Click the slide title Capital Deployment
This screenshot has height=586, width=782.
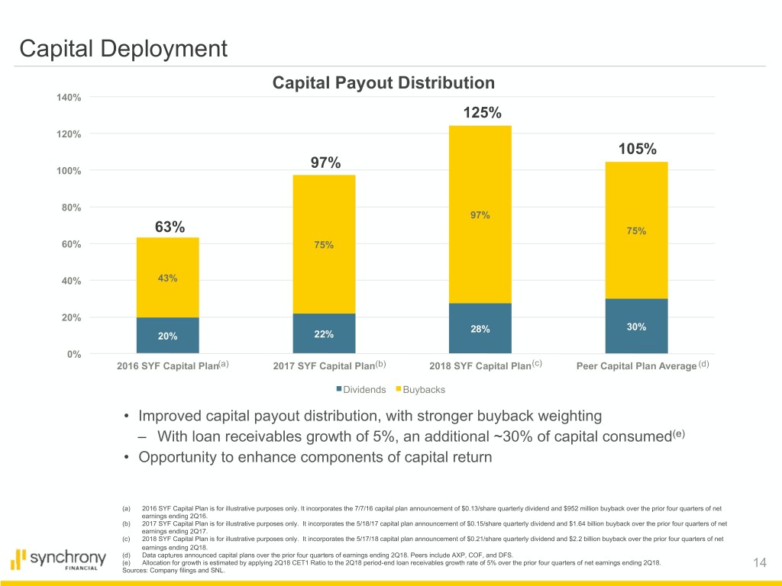[x=123, y=50]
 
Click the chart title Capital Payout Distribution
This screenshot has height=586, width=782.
[x=383, y=82]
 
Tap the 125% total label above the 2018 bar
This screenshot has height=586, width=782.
[x=482, y=113]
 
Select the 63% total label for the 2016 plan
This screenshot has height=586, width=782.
[x=170, y=227]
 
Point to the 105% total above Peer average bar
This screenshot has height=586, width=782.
[x=637, y=150]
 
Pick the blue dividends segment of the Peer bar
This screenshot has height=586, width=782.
[x=636, y=326]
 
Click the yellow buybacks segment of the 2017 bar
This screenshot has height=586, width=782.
[x=323, y=244]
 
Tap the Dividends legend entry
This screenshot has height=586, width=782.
[x=360, y=390]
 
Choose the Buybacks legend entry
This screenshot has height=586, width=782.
[x=422, y=390]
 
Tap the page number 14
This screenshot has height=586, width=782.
[x=759, y=562]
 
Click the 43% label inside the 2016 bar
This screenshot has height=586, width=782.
[x=168, y=279]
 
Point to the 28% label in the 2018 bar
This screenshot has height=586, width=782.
[x=480, y=330]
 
